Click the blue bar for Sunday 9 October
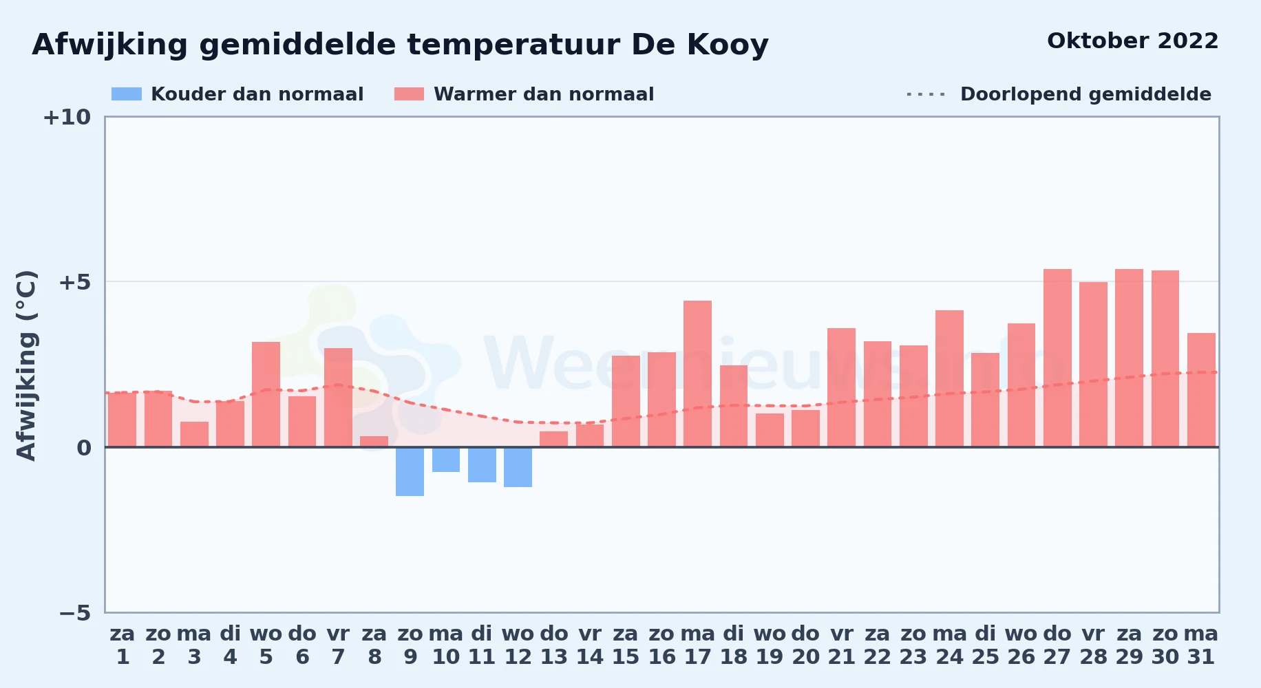(410, 471)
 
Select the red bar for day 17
(697, 374)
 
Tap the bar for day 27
(1057, 358)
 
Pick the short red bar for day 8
(374, 442)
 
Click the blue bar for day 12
(518, 467)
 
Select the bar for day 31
(1201, 390)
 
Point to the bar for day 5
(266, 394)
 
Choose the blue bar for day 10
(446, 460)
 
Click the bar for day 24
(949, 378)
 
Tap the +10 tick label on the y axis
(67, 117)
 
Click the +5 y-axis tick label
(74, 282)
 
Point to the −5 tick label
(75, 612)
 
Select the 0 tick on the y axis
(84, 447)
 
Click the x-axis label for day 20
(805, 645)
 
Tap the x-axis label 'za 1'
(123, 645)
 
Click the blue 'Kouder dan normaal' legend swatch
(127, 94)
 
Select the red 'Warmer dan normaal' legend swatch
(410, 94)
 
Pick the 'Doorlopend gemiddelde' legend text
(1085, 94)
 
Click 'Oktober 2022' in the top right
(1132, 41)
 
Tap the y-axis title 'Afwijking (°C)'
(26, 365)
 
